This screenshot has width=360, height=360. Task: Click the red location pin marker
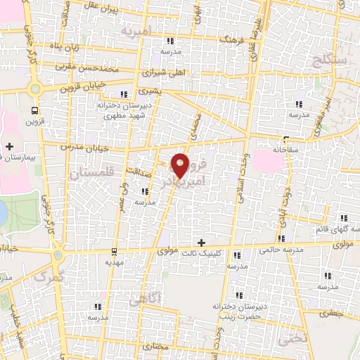pos(180,165)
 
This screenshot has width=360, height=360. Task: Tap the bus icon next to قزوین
pos(35,110)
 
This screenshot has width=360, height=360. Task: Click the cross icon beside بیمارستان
pos(8,146)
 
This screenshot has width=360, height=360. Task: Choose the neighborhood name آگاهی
pos(145,300)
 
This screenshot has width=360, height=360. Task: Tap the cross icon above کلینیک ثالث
pos(202,241)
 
